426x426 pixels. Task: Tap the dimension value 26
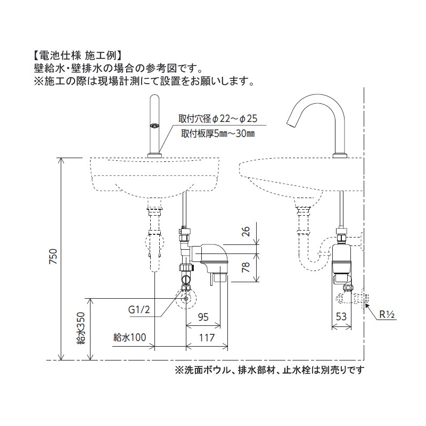click(245, 232)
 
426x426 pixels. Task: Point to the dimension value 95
click(203, 317)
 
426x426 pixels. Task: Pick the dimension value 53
click(341, 316)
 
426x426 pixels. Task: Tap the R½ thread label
click(387, 315)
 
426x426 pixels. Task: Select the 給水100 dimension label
click(130, 337)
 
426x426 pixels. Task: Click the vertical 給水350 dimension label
click(80, 328)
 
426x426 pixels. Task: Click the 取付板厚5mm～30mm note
click(218, 133)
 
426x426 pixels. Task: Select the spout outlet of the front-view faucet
click(155, 126)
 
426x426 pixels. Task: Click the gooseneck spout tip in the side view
click(291, 121)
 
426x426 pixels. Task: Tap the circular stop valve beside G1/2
click(186, 297)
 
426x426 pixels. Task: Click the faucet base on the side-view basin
click(340, 155)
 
